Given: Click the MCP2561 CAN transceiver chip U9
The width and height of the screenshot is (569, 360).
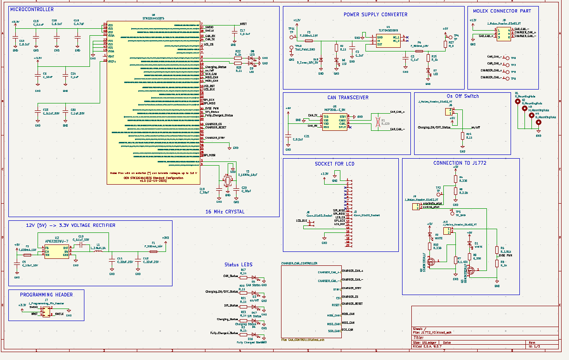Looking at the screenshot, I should pos(334,122).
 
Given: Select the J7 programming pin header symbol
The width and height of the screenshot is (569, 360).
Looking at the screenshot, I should pos(46,314).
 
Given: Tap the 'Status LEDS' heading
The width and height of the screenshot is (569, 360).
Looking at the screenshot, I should pos(238,264).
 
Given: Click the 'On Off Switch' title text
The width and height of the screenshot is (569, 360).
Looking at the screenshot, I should pos(462,96).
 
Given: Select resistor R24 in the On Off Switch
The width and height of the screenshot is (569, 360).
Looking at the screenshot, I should pos(462,135).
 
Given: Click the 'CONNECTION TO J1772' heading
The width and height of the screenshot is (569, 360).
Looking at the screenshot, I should pos(459,163).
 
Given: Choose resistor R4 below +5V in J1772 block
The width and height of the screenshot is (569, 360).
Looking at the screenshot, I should pos(455,179).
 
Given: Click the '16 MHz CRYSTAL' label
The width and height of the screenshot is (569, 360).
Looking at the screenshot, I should pos(224,212).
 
